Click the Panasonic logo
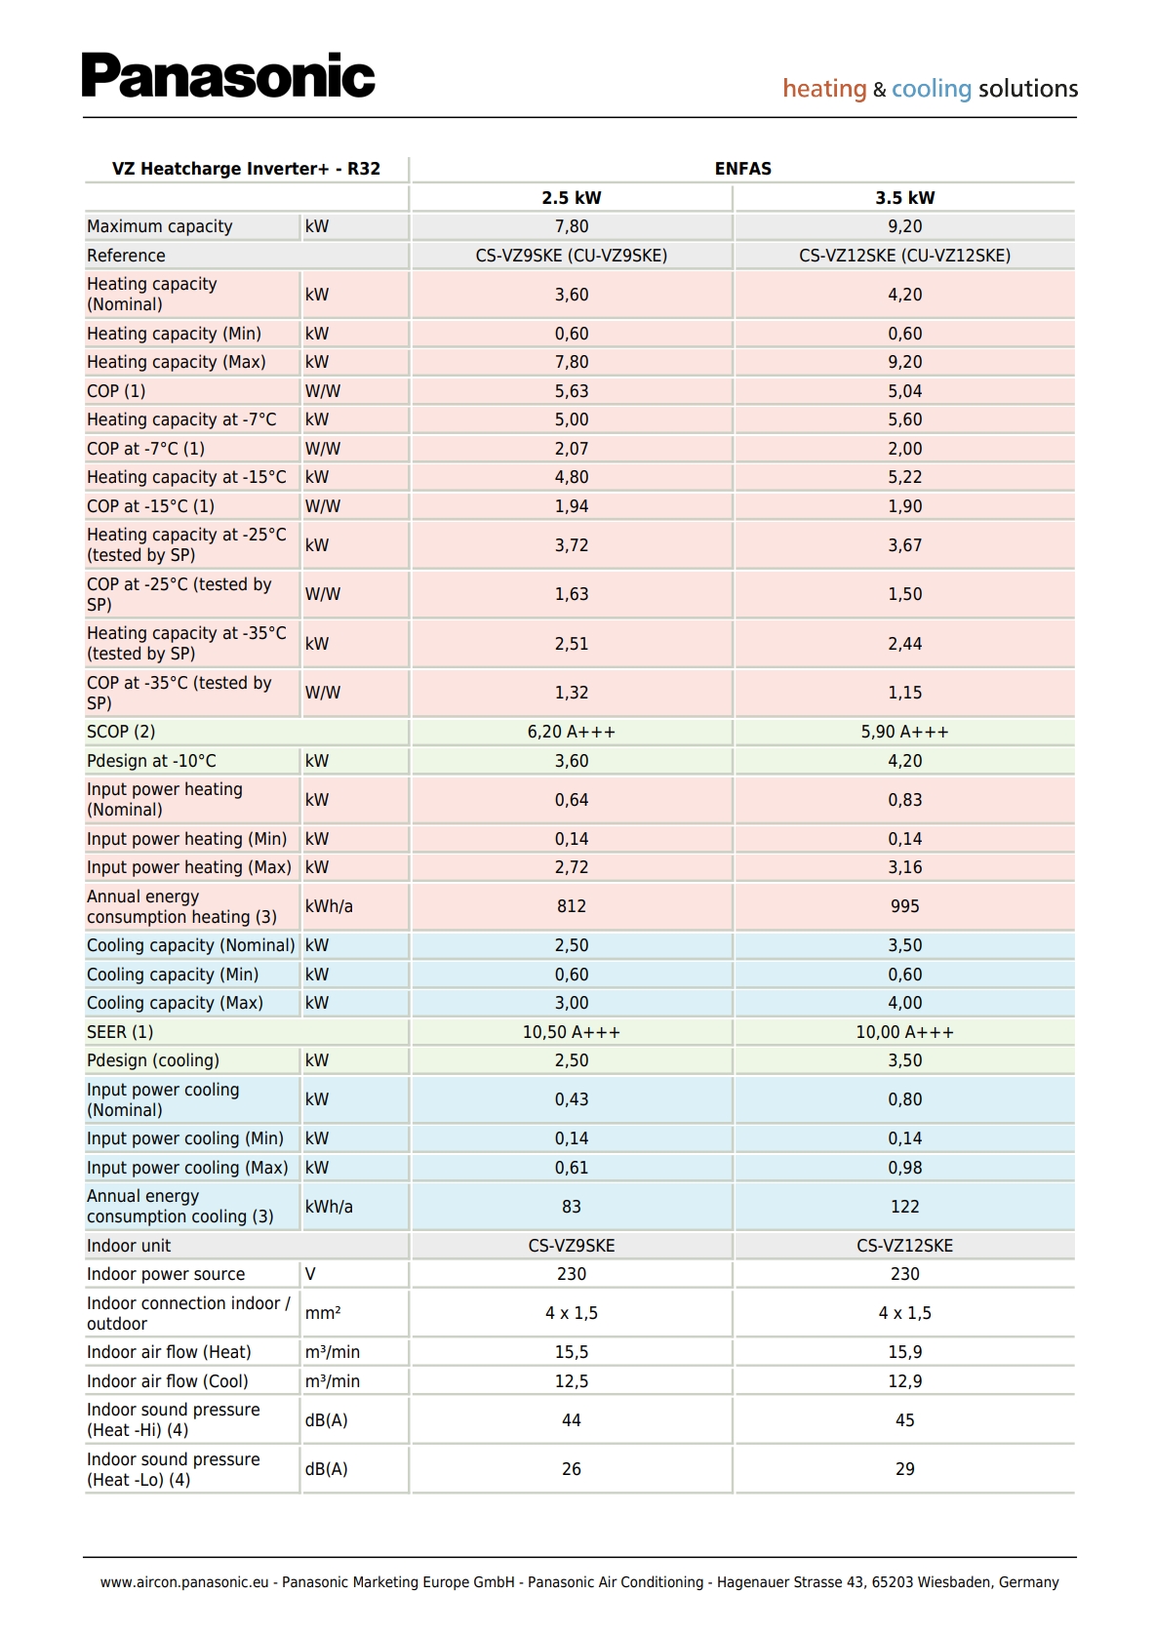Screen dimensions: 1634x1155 point(228,76)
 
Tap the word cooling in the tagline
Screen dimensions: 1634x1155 point(931,89)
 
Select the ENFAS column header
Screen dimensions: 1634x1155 point(742,169)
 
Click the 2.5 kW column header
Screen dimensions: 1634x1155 point(572,198)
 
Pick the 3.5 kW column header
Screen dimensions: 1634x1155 point(904,198)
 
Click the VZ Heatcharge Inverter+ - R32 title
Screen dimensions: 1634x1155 point(246,169)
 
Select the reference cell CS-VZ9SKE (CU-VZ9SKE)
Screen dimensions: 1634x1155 point(572,256)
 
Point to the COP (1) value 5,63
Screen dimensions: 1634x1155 point(572,391)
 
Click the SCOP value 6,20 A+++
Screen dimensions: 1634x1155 point(572,732)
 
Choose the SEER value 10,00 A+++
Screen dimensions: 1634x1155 point(904,1032)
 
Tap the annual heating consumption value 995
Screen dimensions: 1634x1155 point(904,906)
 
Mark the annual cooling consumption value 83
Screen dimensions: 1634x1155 point(572,1207)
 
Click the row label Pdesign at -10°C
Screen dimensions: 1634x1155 point(151,761)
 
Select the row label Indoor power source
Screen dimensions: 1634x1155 point(166,1274)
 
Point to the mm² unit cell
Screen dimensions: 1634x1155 point(323,1313)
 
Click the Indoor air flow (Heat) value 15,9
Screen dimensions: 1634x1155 point(904,1352)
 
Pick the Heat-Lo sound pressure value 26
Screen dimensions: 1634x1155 point(572,1469)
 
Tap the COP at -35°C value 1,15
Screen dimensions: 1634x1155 point(904,693)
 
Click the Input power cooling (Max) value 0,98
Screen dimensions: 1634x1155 point(904,1168)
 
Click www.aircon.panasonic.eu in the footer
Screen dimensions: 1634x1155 point(184,1582)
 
